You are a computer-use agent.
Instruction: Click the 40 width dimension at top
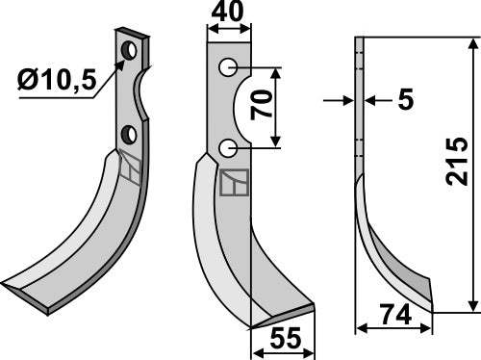pos(229,13)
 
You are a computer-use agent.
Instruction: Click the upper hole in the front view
pos(228,67)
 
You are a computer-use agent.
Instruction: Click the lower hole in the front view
pos(228,147)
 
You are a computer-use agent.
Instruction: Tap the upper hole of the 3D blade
pos(129,47)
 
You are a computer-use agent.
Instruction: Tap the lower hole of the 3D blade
pos(127,134)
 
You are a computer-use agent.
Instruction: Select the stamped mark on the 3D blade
pos(130,171)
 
